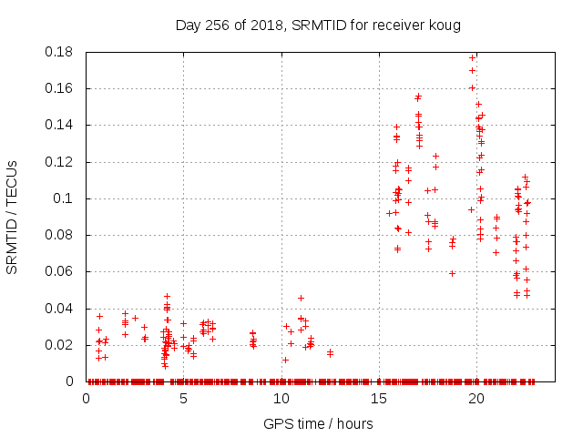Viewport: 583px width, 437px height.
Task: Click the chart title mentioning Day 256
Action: [x=318, y=25]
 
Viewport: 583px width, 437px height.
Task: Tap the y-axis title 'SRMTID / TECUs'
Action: [x=13, y=217]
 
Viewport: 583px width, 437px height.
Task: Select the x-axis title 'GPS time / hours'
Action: [x=318, y=423]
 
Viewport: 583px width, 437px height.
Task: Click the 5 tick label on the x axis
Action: [x=183, y=398]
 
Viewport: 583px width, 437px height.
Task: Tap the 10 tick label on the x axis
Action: [x=281, y=398]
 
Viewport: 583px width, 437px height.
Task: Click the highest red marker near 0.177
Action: [x=472, y=57]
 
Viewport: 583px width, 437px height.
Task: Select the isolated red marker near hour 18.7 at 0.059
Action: [x=452, y=273]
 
